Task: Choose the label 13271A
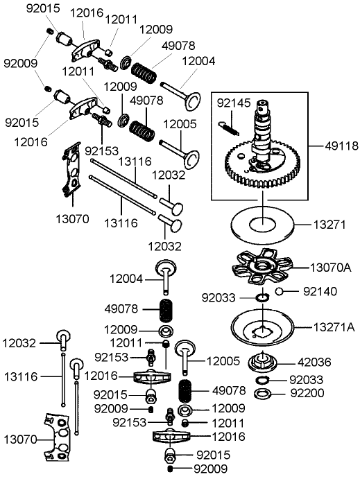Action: [x=334, y=326]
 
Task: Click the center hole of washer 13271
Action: [x=264, y=224]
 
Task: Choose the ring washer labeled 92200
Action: [x=264, y=394]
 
